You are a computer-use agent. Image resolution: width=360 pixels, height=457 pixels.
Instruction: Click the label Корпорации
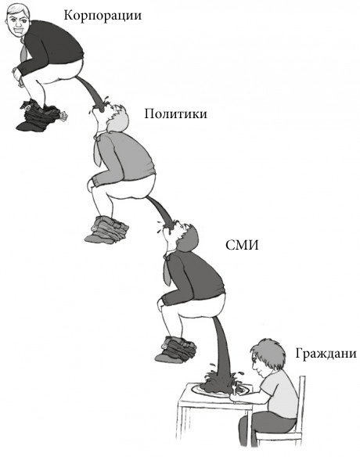click(x=103, y=16)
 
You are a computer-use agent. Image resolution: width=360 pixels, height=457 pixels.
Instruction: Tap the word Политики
click(x=176, y=113)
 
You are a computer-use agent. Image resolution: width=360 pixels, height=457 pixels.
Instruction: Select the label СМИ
click(x=242, y=246)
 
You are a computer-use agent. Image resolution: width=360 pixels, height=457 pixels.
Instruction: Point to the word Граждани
click(x=326, y=354)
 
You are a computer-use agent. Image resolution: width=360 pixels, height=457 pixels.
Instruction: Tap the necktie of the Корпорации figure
click(x=23, y=51)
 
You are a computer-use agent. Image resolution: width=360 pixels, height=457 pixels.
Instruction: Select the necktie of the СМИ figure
click(x=167, y=270)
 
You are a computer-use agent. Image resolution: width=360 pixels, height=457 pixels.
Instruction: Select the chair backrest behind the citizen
click(x=301, y=408)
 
